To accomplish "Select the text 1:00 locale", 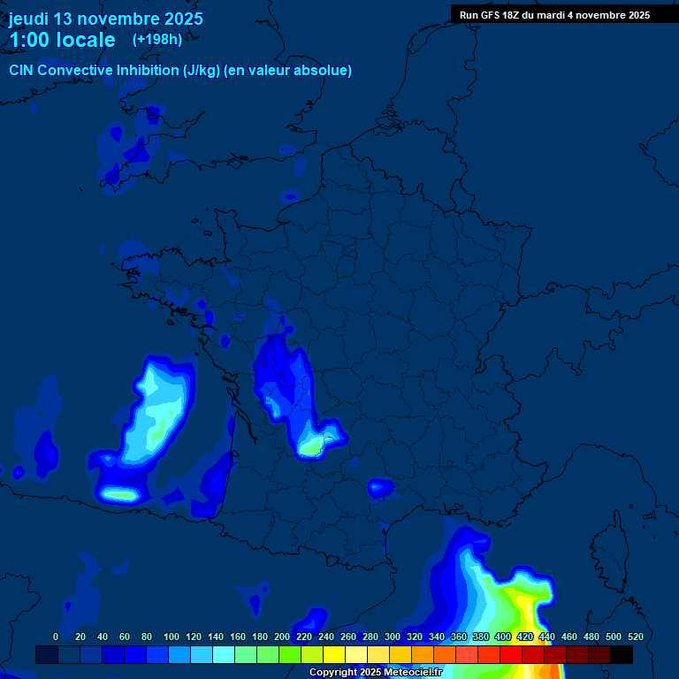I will click(62, 40).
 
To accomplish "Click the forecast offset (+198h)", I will click(157, 39).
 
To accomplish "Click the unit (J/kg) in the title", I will click(202, 71).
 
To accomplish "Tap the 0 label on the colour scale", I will click(56, 637).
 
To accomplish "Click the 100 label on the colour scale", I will click(171, 637).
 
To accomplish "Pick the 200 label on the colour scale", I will click(282, 637).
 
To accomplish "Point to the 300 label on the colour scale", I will click(392, 637).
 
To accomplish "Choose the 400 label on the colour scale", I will click(502, 637).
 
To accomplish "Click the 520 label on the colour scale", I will click(635, 637).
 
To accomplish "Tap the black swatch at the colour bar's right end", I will click(622, 654).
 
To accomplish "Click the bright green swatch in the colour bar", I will click(290, 654).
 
